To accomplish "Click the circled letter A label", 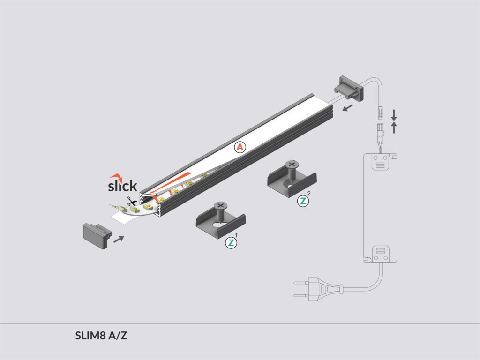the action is (240, 147).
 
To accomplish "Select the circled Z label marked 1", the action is (231, 243).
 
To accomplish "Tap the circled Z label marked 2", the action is (303, 201).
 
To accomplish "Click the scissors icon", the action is (132, 202).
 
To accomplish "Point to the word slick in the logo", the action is (122, 186).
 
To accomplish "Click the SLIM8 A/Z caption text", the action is (101, 336).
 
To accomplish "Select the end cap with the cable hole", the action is (349, 89).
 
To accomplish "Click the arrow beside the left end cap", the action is (119, 239).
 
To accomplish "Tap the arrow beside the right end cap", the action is (347, 108).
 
